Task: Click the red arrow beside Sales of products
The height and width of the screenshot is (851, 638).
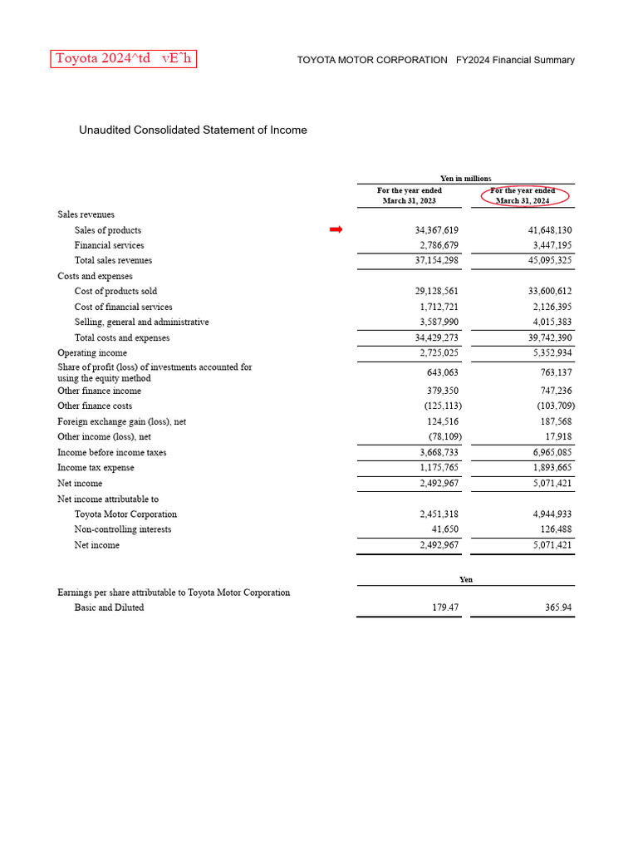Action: [336, 229]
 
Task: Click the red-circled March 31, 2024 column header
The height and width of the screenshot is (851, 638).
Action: [523, 196]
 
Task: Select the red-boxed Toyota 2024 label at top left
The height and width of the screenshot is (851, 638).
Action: [124, 59]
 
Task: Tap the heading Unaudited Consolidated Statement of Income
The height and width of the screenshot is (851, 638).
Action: [193, 130]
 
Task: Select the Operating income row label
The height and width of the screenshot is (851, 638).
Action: [92, 353]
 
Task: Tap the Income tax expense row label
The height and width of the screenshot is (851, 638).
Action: [96, 468]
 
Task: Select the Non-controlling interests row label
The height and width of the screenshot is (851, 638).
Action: [123, 529]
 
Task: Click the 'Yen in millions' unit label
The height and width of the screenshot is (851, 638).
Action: [465, 179]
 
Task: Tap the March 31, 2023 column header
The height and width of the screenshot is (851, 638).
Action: [410, 196]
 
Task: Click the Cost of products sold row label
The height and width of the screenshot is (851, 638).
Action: [115, 292]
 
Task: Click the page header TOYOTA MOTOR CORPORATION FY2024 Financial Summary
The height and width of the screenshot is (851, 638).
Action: [435, 60]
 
